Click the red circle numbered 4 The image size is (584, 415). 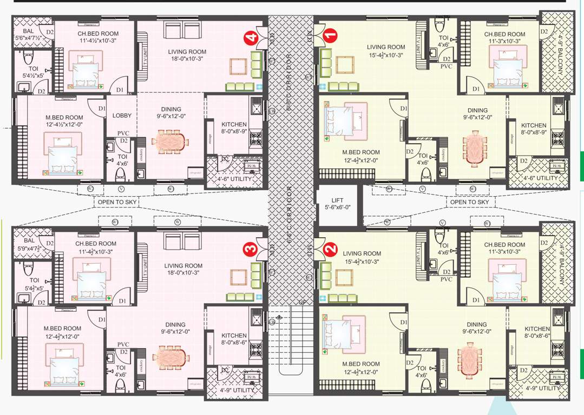[x=251, y=37]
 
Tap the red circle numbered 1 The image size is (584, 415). [x=330, y=37]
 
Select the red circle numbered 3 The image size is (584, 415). [x=250, y=250]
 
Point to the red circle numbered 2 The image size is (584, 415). [x=331, y=250]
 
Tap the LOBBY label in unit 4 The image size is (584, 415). [x=122, y=116]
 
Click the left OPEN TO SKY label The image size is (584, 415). [x=117, y=202]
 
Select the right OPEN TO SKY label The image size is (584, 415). [x=469, y=202]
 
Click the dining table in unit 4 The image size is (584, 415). [x=173, y=143]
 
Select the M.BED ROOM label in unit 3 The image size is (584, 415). [x=62, y=332]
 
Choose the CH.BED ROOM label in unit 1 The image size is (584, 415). [x=504, y=37]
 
